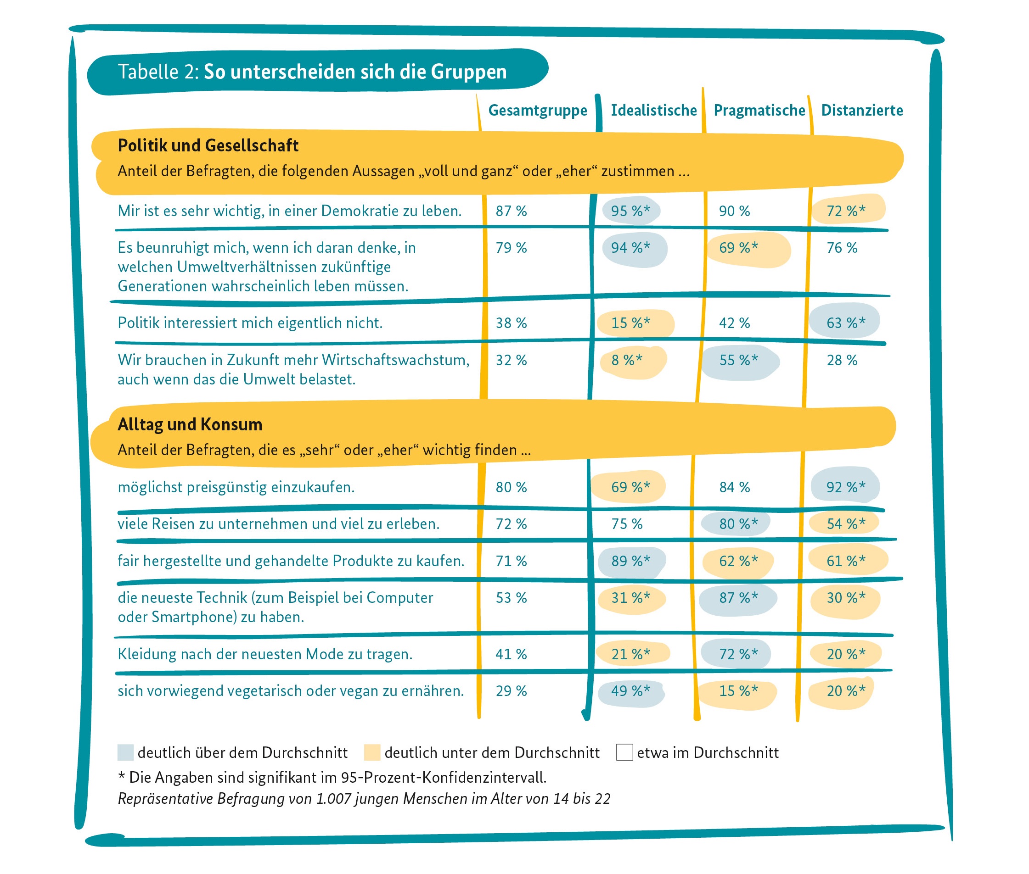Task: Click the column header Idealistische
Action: pos(653,110)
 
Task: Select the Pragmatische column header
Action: pos(759,110)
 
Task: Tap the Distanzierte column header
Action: pos(861,110)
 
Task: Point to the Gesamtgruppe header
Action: pos(537,110)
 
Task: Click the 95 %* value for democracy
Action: pos(630,211)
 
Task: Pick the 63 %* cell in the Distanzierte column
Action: pos(845,323)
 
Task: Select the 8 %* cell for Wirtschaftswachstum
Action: pos(626,360)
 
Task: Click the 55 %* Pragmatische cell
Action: pos(738,360)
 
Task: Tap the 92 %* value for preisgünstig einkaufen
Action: pos(845,487)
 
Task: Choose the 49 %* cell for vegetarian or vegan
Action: pos(630,690)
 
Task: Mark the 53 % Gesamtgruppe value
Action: pos(511,598)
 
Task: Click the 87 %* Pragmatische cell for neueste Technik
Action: pos(738,598)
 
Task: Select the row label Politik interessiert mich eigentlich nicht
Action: pos(250,323)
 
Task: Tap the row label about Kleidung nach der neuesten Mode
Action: pos(265,654)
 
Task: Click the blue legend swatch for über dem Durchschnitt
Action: pos(125,752)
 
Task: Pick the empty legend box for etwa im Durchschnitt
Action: pos(624,752)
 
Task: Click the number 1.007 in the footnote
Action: pos(333,799)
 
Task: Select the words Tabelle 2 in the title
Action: pos(157,72)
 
